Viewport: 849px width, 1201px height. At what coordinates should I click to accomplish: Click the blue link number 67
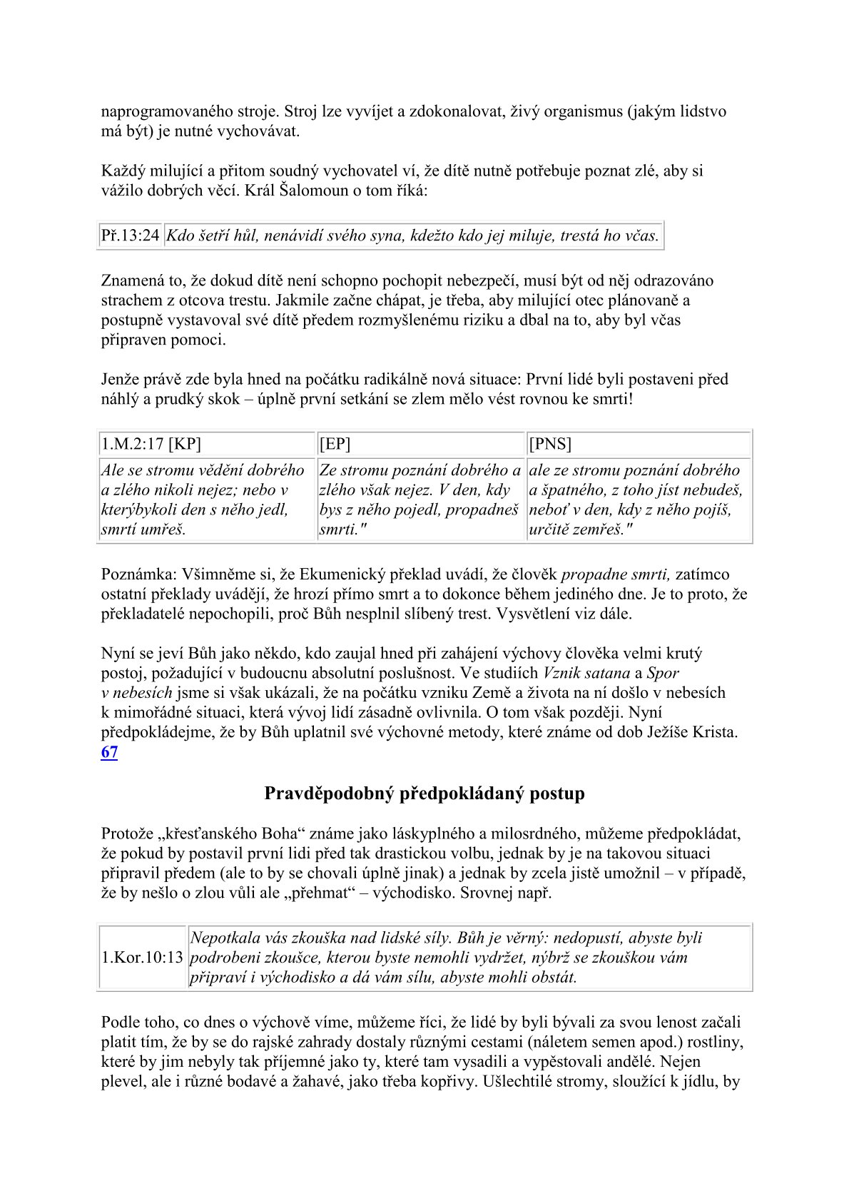tap(109, 752)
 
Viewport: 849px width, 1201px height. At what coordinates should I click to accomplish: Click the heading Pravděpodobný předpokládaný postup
tap(424, 794)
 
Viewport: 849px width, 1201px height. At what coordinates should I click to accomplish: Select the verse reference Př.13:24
tap(130, 235)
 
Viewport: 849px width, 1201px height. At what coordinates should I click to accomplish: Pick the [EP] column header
tap(335, 444)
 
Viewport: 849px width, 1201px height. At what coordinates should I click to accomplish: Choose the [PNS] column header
tap(550, 444)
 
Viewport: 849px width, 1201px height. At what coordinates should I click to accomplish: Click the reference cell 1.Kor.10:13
tap(143, 958)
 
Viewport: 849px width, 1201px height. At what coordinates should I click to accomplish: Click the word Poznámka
tap(138, 574)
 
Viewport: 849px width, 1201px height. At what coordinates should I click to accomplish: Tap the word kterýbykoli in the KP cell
tap(142, 510)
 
